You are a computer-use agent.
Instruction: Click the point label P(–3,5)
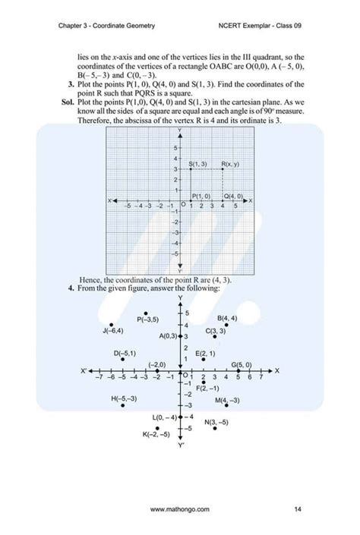tap(148, 319)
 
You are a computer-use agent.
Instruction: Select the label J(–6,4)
tap(112, 331)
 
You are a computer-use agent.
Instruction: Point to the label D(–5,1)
tap(125, 354)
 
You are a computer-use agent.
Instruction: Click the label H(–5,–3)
tap(124, 398)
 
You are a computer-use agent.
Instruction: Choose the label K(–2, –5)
tap(156, 435)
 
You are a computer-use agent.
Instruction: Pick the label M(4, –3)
tap(227, 400)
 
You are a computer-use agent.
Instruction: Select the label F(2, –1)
tap(207, 388)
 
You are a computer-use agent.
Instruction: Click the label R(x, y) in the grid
tap(230, 164)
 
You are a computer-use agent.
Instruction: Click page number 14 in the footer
tap(298, 510)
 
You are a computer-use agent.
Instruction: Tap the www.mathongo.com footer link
tap(180, 510)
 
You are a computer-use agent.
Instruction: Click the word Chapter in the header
tap(71, 26)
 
